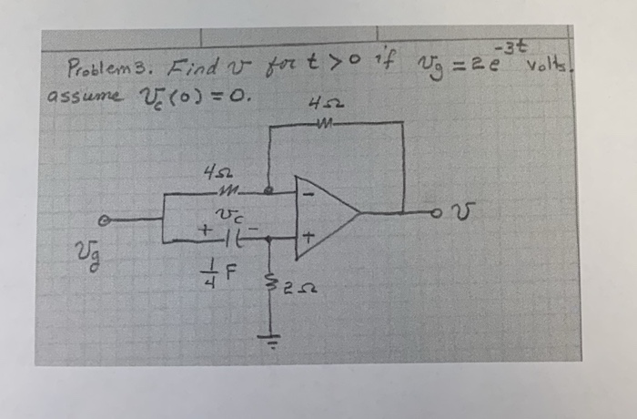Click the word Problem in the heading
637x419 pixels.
(x=94, y=69)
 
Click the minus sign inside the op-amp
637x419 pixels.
(x=308, y=194)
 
